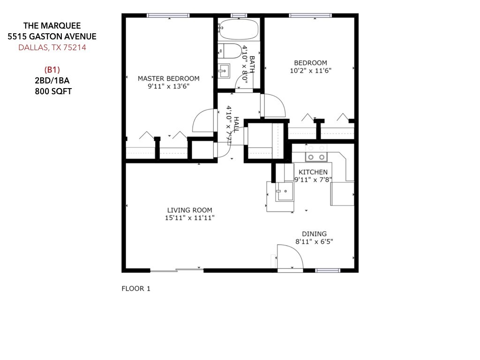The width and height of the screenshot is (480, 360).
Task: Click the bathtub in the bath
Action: coord(239,30)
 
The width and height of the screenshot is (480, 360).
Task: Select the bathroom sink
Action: coord(224,71)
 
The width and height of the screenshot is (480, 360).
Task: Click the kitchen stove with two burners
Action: coord(316,153)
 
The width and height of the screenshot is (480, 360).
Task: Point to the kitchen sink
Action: coord(285,191)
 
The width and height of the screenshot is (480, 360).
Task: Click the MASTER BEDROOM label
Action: coord(168,79)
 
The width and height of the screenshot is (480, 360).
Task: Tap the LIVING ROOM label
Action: coord(189,210)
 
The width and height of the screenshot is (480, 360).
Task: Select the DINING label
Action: coord(314,234)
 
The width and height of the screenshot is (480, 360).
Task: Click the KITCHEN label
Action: coord(313,172)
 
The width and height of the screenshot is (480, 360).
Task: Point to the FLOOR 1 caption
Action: coord(136,288)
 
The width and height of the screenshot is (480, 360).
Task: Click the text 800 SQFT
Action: coord(53,91)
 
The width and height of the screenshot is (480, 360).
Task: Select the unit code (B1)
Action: coord(52,69)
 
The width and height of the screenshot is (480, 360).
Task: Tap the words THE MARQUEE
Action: coord(52,25)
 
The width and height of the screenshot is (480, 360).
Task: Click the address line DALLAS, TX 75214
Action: coord(52,47)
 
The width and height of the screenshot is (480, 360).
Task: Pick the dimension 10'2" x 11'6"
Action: coord(310,71)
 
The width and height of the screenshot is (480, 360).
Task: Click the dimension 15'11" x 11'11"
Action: coord(189,218)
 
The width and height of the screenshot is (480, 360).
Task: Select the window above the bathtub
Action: coord(239,15)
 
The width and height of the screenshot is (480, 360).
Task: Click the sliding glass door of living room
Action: coord(177,270)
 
